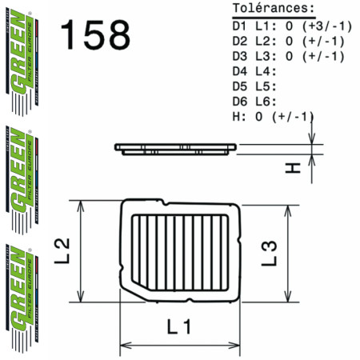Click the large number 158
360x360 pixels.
(94, 34)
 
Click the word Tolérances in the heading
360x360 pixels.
(270, 9)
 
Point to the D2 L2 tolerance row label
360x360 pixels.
(254, 41)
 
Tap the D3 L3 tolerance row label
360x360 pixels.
(254, 56)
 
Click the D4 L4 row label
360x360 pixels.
(254, 71)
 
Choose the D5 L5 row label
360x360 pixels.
(254, 86)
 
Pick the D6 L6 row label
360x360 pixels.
(254, 102)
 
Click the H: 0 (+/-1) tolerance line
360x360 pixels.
(272, 117)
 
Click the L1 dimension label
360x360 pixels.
(181, 326)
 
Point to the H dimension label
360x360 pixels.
(292, 167)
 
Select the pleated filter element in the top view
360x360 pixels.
(181, 251)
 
